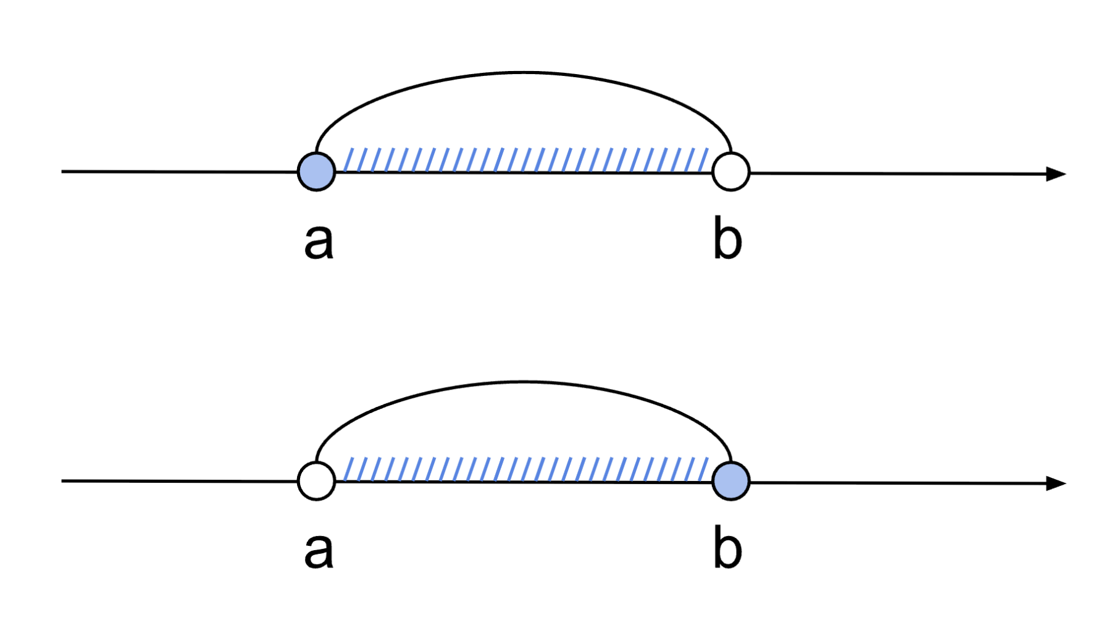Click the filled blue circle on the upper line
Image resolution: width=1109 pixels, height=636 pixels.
[316, 172]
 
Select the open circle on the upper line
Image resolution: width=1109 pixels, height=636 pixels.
[731, 172]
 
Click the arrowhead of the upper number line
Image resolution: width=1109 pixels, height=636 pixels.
[1057, 174]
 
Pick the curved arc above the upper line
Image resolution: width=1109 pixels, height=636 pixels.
[524, 73]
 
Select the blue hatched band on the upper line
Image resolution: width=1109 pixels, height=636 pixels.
[526, 159]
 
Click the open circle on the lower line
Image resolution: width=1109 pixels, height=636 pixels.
[316, 481]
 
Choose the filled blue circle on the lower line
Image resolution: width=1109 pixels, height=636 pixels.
[731, 481]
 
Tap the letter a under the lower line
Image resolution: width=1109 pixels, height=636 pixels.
[319, 550]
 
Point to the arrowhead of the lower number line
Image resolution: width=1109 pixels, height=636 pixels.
[1057, 483]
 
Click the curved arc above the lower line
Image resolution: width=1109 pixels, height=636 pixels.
[524, 382]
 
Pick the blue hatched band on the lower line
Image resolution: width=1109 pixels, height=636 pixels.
[526, 469]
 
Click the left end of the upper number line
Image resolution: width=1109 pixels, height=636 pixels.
[62, 172]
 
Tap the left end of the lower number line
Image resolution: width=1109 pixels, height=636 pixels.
[62, 481]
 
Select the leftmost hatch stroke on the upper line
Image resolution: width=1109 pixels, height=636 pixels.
[349, 159]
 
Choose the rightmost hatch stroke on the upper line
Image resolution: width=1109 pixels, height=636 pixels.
[704, 159]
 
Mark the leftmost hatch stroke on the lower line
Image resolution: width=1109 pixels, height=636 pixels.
[349, 469]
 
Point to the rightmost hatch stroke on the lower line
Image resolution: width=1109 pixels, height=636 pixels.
[704, 469]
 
